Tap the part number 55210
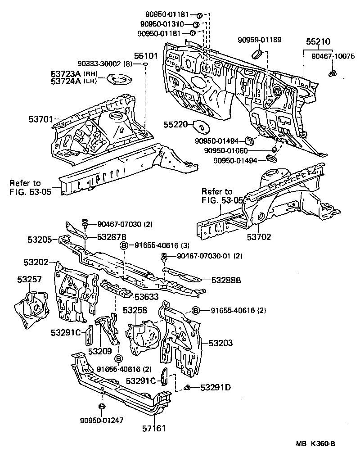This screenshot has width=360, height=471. (x=318, y=41)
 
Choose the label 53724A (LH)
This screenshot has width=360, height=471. (x=74, y=81)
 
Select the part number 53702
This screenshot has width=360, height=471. (x=260, y=237)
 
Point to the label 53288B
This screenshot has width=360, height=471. (x=227, y=280)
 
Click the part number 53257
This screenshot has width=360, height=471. (x=30, y=280)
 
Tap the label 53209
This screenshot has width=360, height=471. (x=100, y=351)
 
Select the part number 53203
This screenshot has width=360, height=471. (x=220, y=343)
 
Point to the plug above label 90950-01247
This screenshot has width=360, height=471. (x=102, y=408)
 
